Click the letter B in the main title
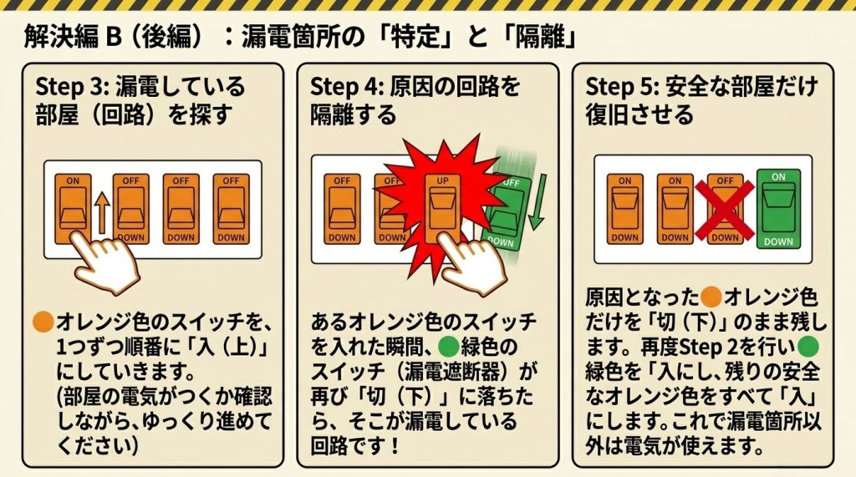(114, 38)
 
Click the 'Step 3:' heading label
(72, 87)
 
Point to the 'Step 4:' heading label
(347, 87)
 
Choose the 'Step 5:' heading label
(622, 87)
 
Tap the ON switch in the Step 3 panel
(73, 209)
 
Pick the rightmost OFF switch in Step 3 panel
(231, 209)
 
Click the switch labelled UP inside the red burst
(442, 208)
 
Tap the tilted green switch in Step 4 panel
(506, 213)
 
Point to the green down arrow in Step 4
(538, 202)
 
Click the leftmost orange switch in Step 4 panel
(342, 209)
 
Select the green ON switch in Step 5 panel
(778, 209)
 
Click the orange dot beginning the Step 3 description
(43, 322)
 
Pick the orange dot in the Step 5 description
(711, 297)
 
